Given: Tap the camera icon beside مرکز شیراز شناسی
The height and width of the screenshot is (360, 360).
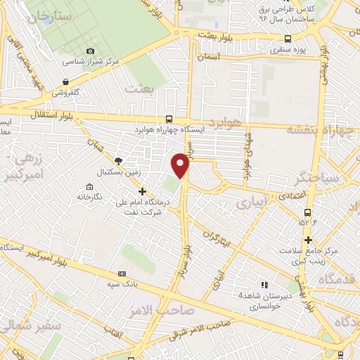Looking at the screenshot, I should point(90,51).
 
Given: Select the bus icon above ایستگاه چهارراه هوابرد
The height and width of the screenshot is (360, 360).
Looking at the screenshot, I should point(169,119).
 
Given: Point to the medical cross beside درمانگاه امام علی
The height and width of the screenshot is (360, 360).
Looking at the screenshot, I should point(143,191).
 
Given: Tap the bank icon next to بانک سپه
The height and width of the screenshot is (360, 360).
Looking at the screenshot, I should point(122,274).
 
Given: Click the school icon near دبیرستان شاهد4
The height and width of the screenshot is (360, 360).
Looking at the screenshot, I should point(264,285).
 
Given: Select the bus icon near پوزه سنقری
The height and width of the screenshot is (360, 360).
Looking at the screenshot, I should point(287,39).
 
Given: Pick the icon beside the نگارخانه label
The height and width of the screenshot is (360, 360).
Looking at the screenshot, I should point(89,187).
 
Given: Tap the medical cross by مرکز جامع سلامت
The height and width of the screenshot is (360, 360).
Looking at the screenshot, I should point(308,243).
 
